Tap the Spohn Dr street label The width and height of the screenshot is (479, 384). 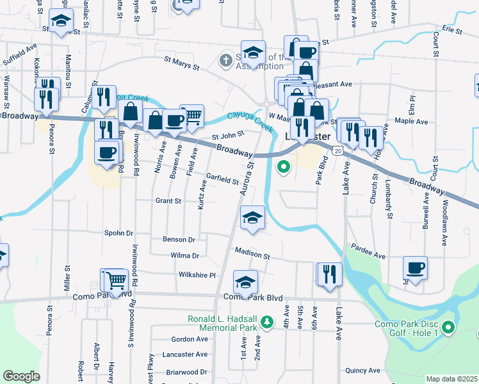pos(120,234)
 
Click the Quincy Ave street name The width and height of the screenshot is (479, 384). pos(362,370)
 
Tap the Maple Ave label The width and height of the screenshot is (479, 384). pos(412,121)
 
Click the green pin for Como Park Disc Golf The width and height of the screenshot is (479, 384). pos(448,329)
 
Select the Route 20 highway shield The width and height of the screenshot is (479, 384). pos(337,149)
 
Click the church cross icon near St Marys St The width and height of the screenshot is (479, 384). pos(225,61)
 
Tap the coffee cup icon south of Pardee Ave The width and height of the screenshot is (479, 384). pos(415,267)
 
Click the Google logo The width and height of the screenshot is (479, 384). pos(21,376)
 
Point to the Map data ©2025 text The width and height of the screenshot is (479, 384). pos(451,379)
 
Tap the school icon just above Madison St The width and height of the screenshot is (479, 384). pos(253,218)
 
